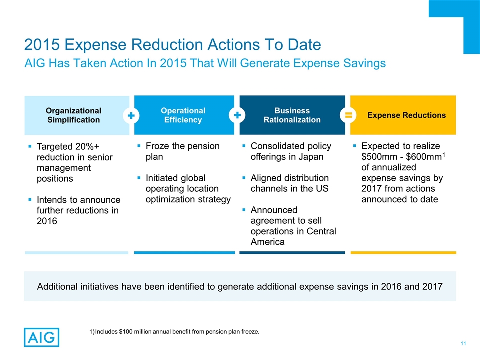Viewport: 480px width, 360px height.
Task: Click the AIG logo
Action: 41,337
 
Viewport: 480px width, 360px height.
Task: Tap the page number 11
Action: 463,343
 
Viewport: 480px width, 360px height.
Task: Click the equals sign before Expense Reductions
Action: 349,115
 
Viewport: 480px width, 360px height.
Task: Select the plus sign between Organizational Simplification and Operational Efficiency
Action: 131,115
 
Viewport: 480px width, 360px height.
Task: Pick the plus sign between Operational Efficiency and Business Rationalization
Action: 237,115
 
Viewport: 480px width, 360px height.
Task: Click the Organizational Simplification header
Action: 73,115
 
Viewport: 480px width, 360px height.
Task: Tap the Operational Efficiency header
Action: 183,115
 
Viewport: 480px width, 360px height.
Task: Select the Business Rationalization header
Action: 292,115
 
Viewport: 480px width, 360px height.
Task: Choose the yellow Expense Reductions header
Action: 406,115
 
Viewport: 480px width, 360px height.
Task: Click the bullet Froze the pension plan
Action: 182,151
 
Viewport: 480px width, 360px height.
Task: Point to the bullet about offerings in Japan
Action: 291,151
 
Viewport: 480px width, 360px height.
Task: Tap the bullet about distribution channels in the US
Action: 289,183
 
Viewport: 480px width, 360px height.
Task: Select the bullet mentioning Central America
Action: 293,226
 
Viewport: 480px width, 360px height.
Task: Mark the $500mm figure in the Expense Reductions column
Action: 378,157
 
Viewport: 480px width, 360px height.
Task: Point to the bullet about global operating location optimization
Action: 187,189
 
